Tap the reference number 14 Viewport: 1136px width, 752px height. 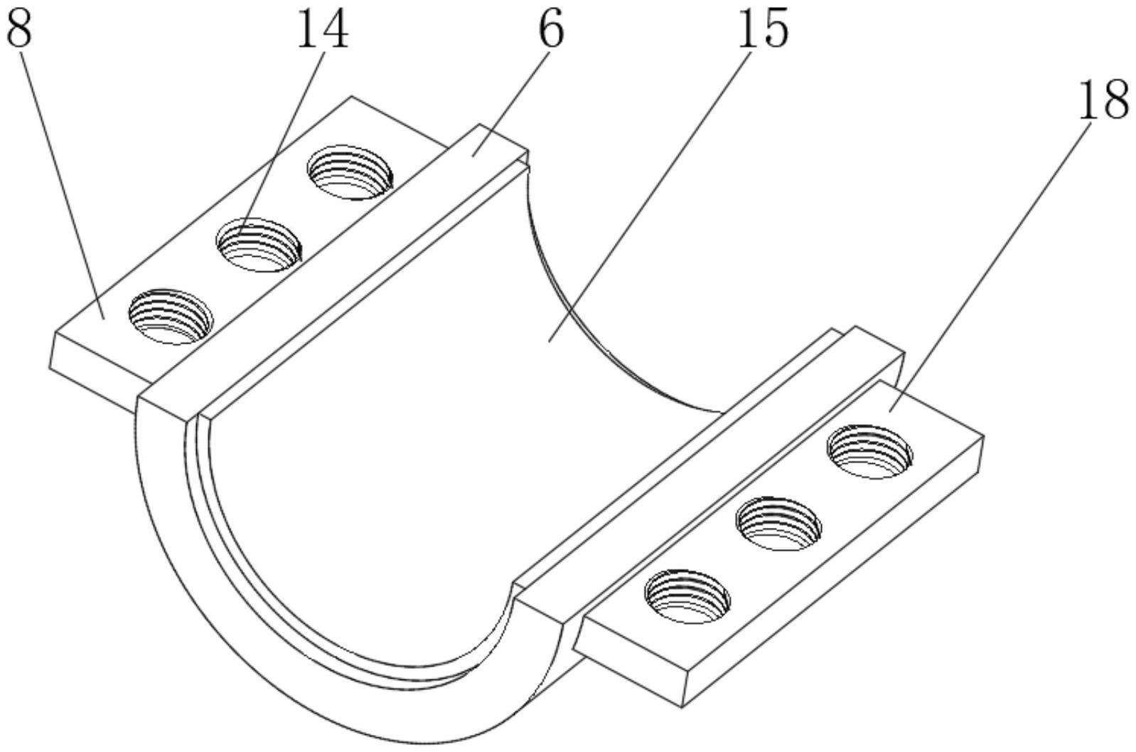pyautogui.click(x=323, y=28)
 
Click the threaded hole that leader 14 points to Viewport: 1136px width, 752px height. pyautogui.click(x=259, y=245)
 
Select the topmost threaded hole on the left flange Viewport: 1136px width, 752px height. pyautogui.click(x=350, y=172)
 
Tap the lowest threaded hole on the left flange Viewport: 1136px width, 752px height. pyautogui.click(x=171, y=317)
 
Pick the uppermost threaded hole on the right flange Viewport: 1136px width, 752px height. pyautogui.click(x=869, y=452)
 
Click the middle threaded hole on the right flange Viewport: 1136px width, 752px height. pyautogui.click(x=779, y=524)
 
